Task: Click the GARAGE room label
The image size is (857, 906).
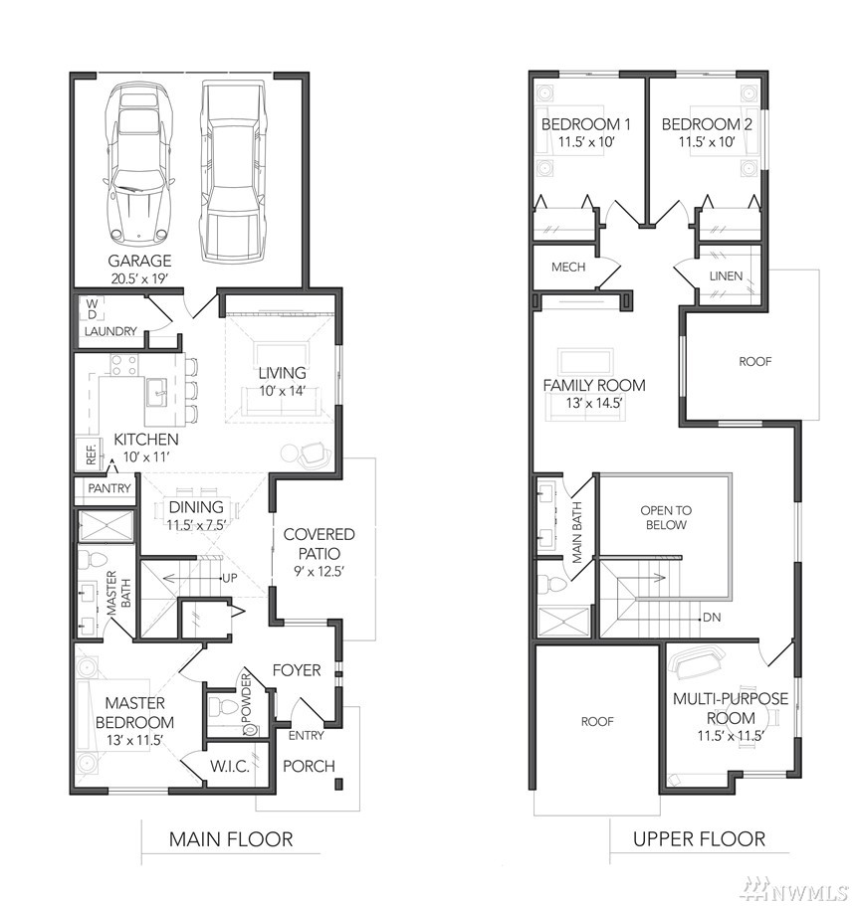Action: pyautogui.click(x=139, y=261)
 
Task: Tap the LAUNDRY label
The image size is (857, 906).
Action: pyautogui.click(x=110, y=331)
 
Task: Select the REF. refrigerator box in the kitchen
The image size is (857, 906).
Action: pyautogui.click(x=90, y=453)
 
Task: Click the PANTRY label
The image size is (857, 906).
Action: pyautogui.click(x=109, y=488)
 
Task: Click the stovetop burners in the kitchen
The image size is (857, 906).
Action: pyautogui.click(x=124, y=365)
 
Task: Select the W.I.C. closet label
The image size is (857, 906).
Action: pyautogui.click(x=230, y=767)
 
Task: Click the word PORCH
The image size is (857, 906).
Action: pyautogui.click(x=309, y=766)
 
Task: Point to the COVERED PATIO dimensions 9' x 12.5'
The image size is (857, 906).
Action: pyautogui.click(x=319, y=572)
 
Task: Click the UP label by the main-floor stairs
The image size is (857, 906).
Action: pyautogui.click(x=230, y=578)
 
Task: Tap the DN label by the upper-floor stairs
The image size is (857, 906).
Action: pyautogui.click(x=712, y=618)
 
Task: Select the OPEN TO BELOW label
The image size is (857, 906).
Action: pyautogui.click(x=666, y=518)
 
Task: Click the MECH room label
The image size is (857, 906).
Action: pyautogui.click(x=568, y=267)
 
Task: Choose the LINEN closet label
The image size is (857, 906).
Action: pyautogui.click(x=726, y=276)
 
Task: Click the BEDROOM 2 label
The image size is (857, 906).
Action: pyautogui.click(x=707, y=124)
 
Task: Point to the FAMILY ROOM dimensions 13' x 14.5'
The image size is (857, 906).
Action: pyautogui.click(x=594, y=403)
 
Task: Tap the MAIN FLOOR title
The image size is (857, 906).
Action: pyautogui.click(x=231, y=839)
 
